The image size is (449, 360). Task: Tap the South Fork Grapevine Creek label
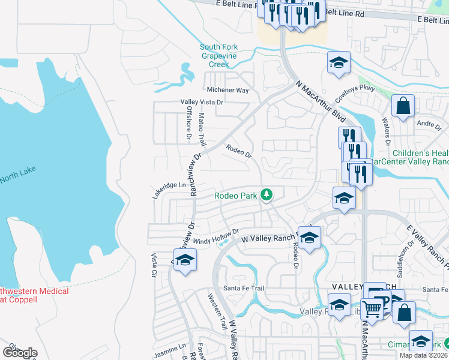[223, 55]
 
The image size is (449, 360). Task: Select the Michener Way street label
[228, 90]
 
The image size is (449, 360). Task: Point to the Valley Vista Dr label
[202, 103]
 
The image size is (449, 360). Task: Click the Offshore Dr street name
[187, 128]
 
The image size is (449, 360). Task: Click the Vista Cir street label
[154, 264]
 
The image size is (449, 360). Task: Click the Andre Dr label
[429, 125]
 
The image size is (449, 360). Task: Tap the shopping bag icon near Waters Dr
[403, 106]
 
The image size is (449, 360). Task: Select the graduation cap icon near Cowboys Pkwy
[339, 62]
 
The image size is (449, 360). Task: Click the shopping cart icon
[372, 309]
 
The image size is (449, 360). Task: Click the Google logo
[20, 353]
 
